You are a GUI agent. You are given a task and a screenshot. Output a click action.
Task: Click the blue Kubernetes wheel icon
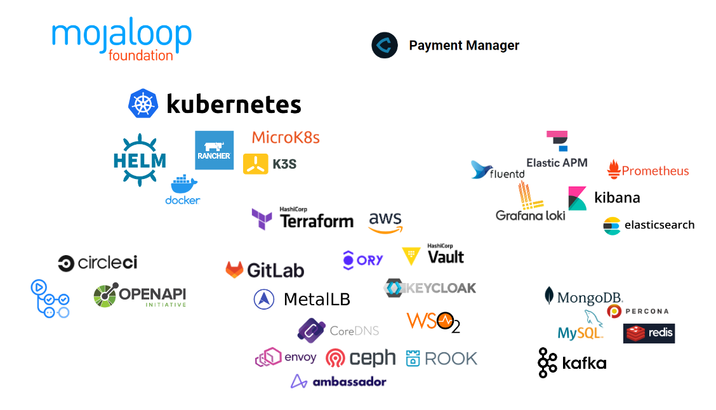[x=143, y=103]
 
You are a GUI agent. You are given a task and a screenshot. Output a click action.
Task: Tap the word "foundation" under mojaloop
[x=141, y=56]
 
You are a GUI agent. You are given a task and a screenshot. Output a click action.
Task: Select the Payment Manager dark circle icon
[x=385, y=46]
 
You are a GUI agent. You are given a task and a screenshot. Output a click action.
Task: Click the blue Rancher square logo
[x=214, y=150]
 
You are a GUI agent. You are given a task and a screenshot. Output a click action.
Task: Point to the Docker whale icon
[x=184, y=184]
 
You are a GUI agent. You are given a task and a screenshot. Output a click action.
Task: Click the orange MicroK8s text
[x=286, y=137]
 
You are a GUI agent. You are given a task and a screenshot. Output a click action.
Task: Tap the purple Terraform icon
[x=262, y=218]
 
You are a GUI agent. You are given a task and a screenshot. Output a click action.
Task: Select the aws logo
[x=385, y=222]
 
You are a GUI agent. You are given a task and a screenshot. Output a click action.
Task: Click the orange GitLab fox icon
[x=234, y=270]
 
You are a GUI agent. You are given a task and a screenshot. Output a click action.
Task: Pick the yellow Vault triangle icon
[x=411, y=256]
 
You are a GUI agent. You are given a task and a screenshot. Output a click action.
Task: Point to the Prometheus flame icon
[x=613, y=169]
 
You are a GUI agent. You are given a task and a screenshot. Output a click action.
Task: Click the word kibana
[x=617, y=197]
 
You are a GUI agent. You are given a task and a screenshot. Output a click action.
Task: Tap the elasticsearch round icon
[x=611, y=225]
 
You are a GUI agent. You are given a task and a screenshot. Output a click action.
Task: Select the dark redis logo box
[x=649, y=333]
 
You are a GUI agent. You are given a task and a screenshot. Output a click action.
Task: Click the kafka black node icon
[x=547, y=363]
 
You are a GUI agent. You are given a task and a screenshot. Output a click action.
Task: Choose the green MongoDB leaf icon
[x=549, y=296]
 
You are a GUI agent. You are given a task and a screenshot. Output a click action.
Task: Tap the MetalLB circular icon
[x=264, y=299]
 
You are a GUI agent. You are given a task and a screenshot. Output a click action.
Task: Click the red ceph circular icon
[x=336, y=359]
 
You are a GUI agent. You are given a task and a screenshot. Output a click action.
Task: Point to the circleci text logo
[x=98, y=263]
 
